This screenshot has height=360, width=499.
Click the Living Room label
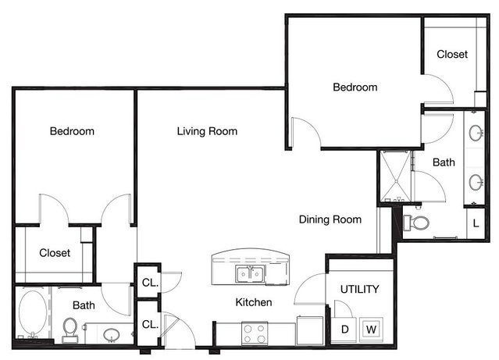(x=207, y=131)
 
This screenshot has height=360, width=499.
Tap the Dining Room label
(x=330, y=219)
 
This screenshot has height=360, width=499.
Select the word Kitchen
(x=254, y=302)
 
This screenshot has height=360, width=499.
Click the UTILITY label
(x=360, y=289)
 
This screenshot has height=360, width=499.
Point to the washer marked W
(x=371, y=329)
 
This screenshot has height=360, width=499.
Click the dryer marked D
(x=344, y=329)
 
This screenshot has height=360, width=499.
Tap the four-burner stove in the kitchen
(x=255, y=333)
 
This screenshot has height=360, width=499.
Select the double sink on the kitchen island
(x=250, y=274)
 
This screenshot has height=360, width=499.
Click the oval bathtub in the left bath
(x=33, y=312)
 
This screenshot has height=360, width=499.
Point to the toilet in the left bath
(x=70, y=330)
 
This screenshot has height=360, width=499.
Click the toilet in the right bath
(x=416, y=223)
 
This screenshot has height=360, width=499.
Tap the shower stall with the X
(x=396, y=176)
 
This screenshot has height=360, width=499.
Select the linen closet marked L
(x=476, y=223)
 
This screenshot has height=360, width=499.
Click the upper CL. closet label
(x=150, y=283)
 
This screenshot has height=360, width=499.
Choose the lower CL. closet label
(x=150, y=324)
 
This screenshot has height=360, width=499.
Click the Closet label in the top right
(x=452, y=54)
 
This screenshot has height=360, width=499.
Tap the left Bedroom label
(x=72, y=131)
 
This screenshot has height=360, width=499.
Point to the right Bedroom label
(x=355, y=87)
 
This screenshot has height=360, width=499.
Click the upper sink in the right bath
(x=476, y=133)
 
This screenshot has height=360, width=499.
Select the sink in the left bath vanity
(x=111, y=334)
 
